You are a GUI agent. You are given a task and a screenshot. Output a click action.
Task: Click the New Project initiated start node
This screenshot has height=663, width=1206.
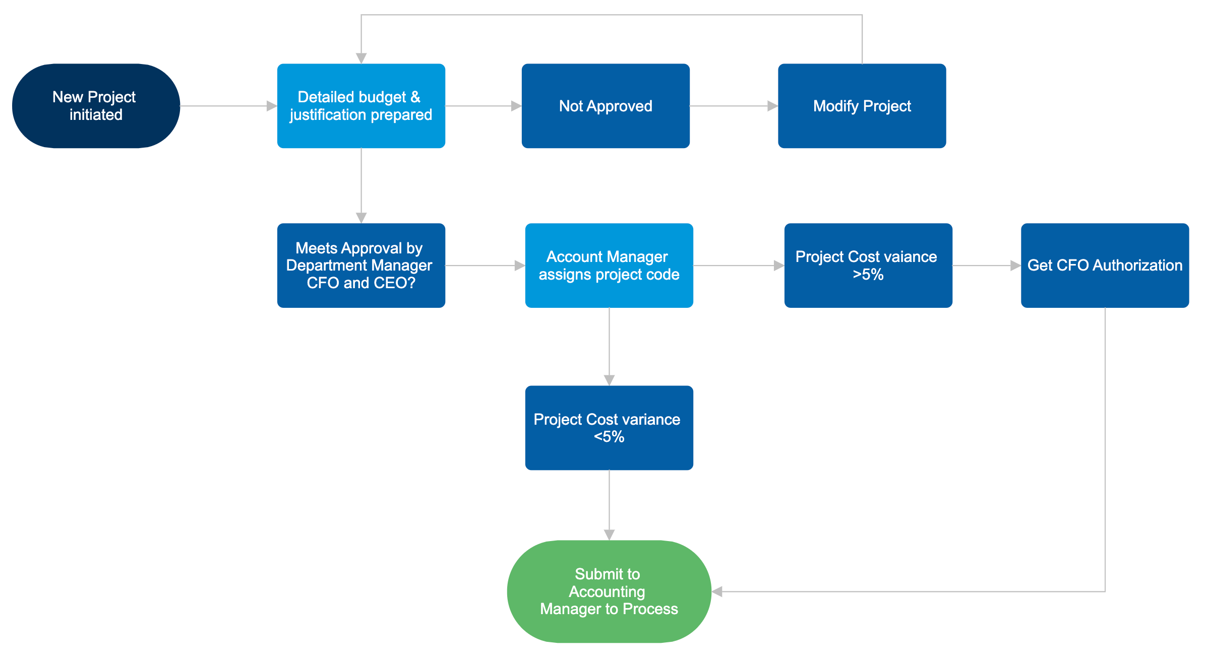96,106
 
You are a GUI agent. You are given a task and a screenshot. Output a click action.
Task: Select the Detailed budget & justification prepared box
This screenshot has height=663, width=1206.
361,106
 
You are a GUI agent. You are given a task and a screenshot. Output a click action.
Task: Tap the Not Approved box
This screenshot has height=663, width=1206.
606,106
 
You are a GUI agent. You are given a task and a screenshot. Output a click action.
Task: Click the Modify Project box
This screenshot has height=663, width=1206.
862,106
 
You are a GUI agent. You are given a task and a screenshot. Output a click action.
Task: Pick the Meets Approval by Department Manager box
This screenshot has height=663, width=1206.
361,266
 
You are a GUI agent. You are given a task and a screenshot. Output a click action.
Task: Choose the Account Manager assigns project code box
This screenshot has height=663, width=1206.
609,266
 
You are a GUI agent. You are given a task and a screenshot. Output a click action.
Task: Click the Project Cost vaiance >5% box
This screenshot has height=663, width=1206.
868,266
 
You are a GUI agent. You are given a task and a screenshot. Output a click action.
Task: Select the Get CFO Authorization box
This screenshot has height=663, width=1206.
1105,266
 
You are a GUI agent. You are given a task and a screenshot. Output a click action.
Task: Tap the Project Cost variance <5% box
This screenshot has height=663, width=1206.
609,428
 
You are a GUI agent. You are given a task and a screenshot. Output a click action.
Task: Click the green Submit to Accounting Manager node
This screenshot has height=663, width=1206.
609,591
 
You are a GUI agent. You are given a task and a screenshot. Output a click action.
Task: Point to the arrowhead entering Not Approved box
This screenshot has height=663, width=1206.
516,106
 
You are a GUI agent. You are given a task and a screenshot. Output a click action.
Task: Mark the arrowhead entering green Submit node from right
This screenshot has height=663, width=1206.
717,591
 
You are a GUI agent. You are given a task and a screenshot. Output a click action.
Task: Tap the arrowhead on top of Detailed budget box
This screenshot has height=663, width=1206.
361,58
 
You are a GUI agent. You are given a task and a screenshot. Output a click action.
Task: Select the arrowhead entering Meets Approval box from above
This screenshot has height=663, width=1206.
361,218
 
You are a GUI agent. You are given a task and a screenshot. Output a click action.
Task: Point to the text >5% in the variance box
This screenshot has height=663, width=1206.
868,275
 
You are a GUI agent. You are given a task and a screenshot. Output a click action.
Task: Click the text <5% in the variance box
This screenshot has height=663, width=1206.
609,437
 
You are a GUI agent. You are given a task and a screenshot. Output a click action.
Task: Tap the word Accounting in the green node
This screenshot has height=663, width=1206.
607,591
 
